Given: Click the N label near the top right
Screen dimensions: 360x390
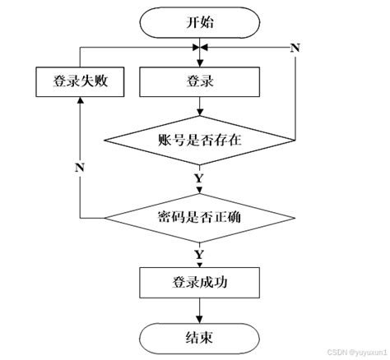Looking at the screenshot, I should [x=294, y=47].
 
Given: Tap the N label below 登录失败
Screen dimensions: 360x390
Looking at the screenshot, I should [x=79, y=168].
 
